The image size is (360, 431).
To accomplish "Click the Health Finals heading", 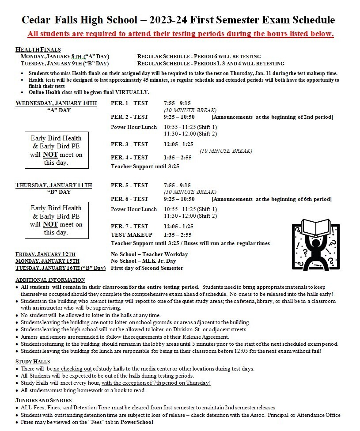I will coord(38,49).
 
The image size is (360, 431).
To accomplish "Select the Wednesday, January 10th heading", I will coord(56,103).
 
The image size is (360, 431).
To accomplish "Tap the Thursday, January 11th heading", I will coord(54,185).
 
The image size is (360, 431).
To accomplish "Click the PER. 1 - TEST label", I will coord(129,103).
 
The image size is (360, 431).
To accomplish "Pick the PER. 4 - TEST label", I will coord(129,158).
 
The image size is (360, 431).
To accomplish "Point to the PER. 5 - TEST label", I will coord(129,185).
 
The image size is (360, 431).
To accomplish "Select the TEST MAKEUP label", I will coord(132,235).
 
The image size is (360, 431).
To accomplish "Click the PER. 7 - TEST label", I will coord(129,227).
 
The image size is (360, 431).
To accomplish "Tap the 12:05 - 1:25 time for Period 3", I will coord(178,144).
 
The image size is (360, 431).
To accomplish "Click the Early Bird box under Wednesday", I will coord(56,150).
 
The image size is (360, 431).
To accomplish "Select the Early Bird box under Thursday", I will coord(56,220).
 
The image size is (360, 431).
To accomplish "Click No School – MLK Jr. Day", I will coord(144,261).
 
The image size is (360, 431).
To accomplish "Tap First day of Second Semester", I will coord(147,268).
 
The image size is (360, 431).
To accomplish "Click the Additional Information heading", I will coord(50,280).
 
